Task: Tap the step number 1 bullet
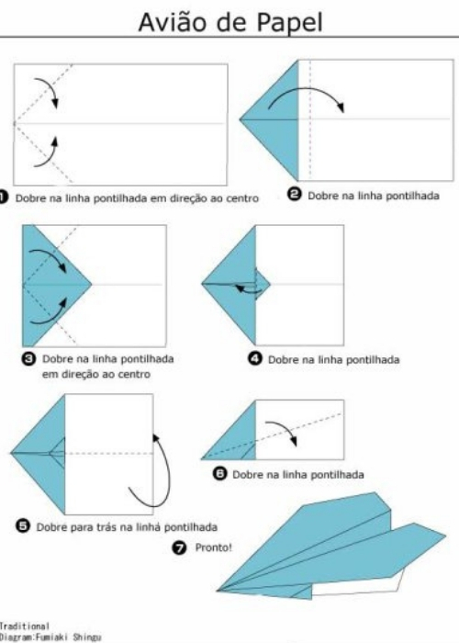5,197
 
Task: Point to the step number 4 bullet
256,359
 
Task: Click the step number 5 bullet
24,526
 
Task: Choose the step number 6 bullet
219,474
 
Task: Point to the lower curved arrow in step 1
46,153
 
